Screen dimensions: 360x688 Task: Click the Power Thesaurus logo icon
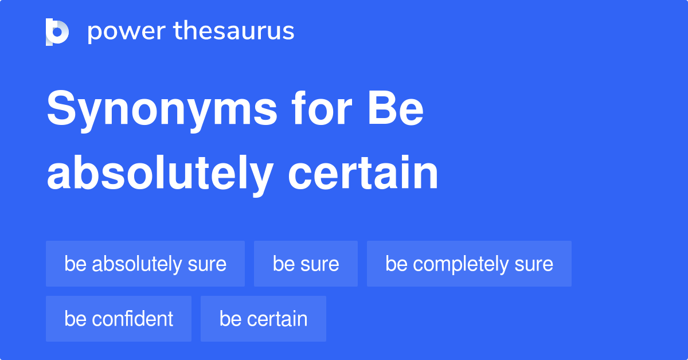57,32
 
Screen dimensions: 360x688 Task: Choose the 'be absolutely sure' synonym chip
145,264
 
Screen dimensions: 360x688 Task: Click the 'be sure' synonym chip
306,264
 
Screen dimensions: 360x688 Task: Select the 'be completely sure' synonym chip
469,264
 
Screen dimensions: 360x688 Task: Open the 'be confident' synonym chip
119,319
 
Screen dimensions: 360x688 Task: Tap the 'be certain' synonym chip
263,319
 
